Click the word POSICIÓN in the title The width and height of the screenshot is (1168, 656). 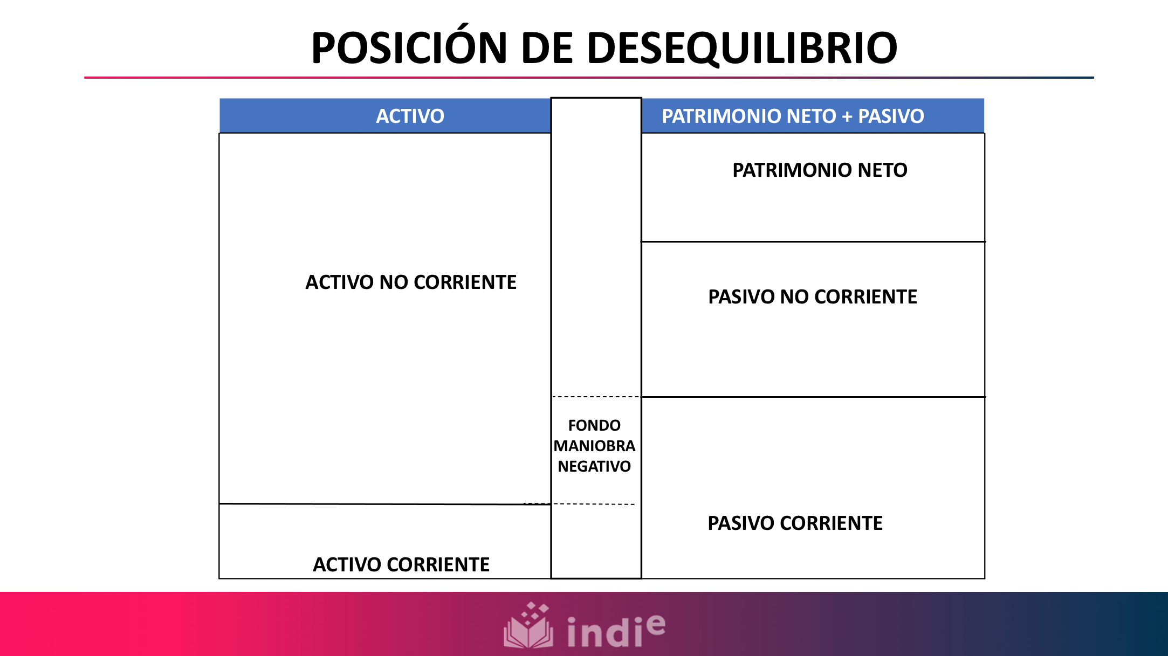409,48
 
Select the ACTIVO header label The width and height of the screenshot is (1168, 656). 410,116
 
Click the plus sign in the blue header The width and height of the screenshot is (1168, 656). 847,116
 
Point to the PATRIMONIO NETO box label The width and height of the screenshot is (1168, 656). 820,170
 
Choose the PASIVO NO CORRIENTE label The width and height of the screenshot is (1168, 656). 812,297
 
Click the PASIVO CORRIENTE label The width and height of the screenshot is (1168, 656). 795,523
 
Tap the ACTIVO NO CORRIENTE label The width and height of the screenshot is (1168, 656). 411,282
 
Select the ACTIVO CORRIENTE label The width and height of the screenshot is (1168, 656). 401,565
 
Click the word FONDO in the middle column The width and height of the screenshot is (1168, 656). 594,426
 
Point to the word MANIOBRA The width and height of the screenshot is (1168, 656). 594,446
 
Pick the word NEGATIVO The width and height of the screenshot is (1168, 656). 594,467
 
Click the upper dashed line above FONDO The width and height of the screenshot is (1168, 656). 596,397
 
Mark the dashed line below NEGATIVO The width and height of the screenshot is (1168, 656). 593,504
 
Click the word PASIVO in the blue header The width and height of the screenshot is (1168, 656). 891,116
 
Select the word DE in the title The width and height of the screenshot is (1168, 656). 546,48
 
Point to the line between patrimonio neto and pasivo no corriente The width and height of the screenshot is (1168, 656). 813,241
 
